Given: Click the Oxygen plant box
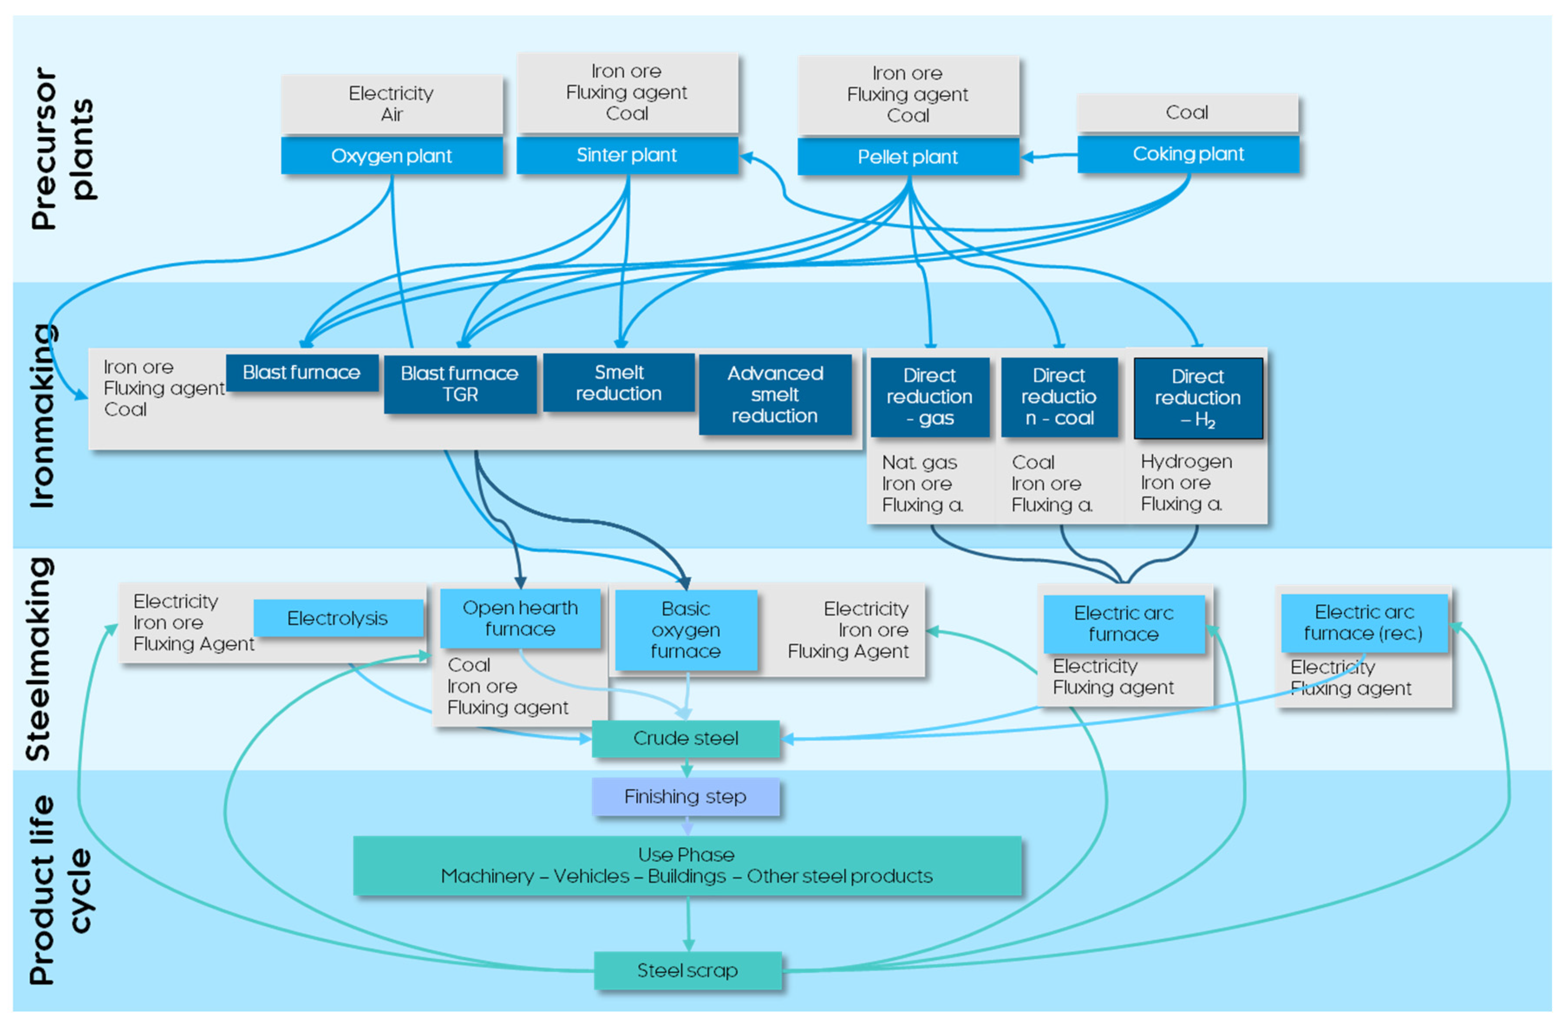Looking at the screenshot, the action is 392,155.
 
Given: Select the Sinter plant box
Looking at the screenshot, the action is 627,155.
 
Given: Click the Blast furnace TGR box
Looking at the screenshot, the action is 460,384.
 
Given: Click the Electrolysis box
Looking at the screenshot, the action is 338,618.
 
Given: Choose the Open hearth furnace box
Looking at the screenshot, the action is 520,618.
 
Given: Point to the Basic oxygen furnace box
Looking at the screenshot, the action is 686,630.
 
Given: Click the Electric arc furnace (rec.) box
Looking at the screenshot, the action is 1364,622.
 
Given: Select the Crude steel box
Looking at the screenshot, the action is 686,739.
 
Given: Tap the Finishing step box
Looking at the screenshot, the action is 686,796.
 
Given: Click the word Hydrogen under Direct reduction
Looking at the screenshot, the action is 1186,462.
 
